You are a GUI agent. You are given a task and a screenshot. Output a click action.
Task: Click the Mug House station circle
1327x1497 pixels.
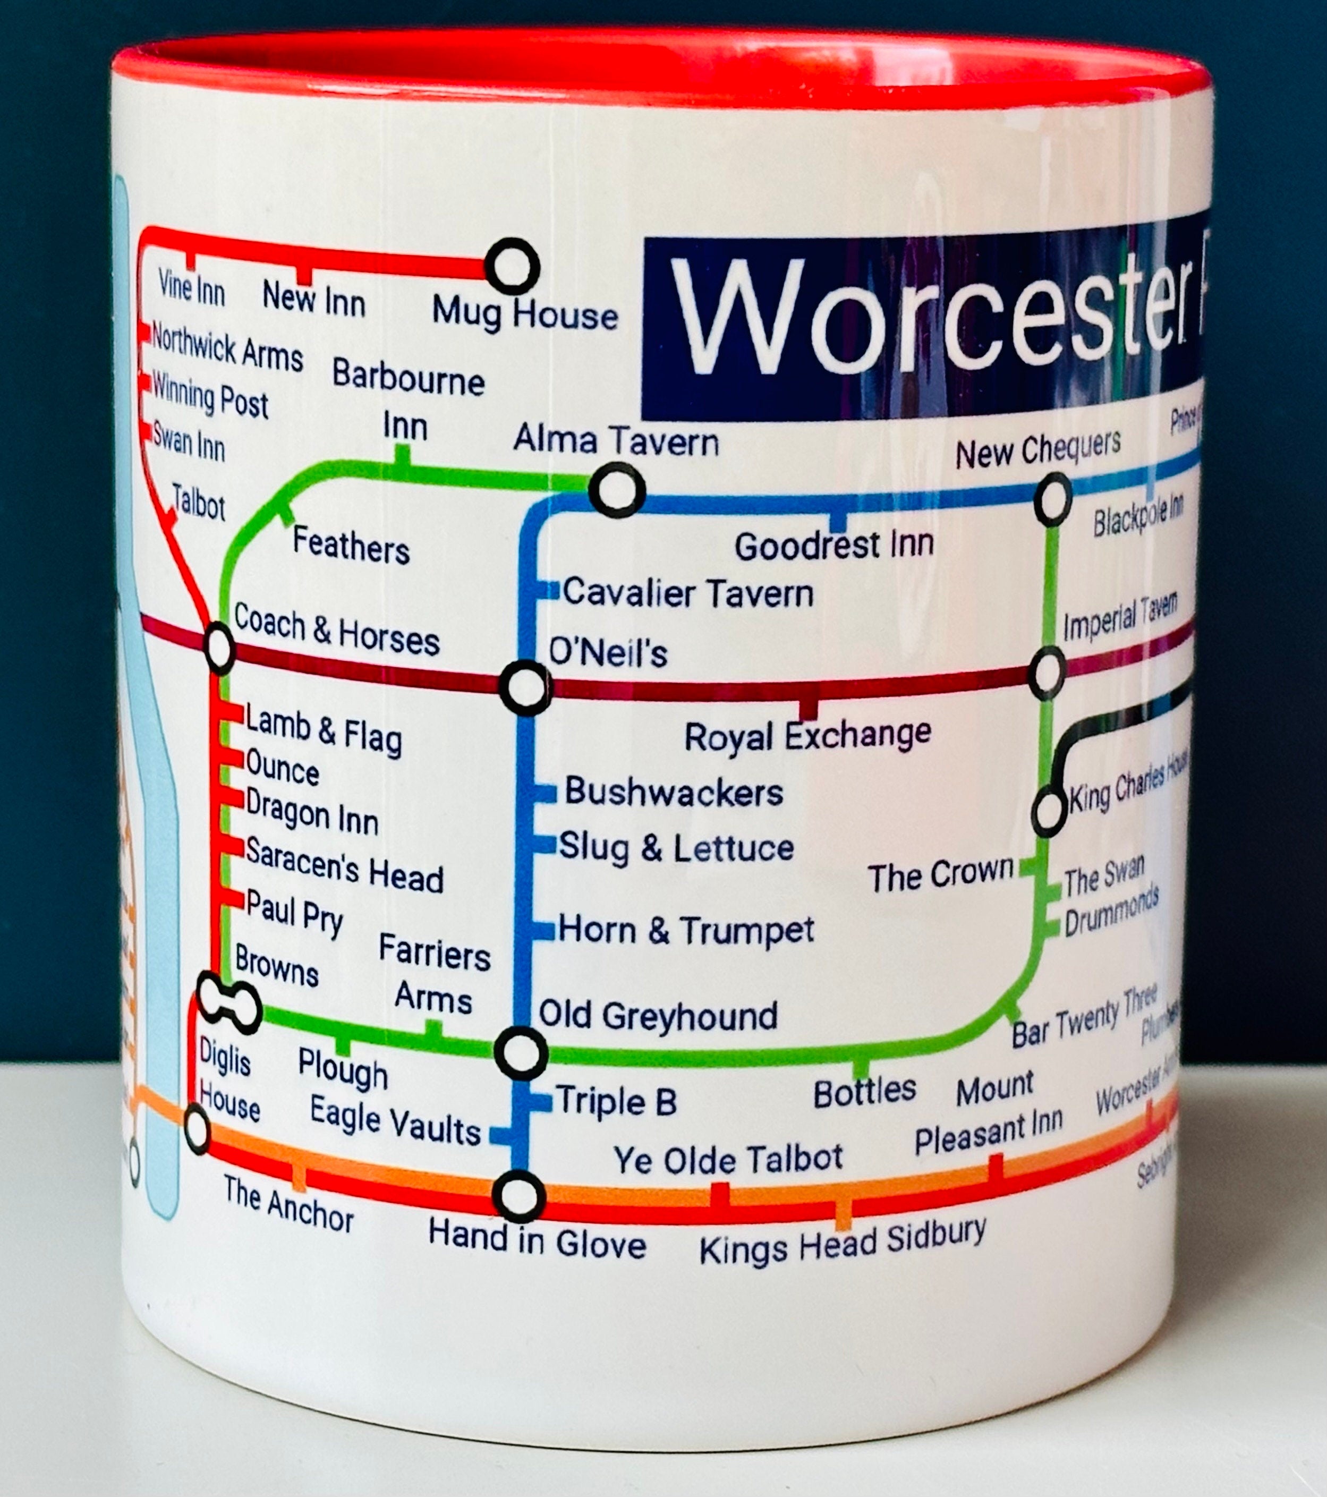point(513,267)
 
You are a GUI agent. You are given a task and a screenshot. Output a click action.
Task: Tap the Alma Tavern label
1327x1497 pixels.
point(616,441)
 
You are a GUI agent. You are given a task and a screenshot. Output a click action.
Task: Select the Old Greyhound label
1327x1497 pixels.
point(658,1015)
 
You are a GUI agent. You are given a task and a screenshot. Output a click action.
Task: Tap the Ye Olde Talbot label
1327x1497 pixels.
point(728,1158)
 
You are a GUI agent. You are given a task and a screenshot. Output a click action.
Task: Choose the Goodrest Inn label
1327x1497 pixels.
point(834,546)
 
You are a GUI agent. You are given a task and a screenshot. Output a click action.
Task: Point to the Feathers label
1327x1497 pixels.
point(351,546)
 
